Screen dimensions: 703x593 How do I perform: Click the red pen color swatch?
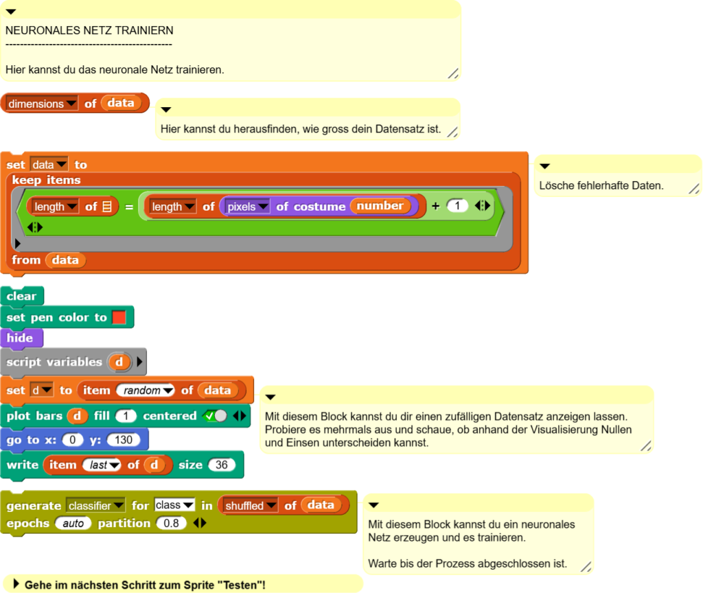(119, 317)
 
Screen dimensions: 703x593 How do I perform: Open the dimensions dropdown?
(42, 104)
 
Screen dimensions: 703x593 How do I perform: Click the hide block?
(22, 338)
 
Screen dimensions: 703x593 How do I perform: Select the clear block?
(23, 296)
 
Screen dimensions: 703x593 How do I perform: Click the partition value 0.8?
(171, 523)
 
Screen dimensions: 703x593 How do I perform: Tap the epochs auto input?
(73, 523)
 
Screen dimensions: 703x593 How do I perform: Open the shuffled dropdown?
(250, 506)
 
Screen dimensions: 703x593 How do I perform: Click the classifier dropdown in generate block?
(95, 506)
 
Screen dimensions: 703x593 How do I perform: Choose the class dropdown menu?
(174, 505)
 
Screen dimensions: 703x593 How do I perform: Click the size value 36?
(222, 465)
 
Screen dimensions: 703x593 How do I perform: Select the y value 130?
(124, 440)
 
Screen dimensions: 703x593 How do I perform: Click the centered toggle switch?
(215, 416)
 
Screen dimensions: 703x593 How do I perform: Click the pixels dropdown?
(247, 207)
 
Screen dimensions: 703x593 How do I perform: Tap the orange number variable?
(380, 206)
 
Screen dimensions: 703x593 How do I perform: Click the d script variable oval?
(119, 362)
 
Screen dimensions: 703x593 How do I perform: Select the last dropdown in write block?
(102, 465)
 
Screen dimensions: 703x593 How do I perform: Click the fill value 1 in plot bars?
(126, 416)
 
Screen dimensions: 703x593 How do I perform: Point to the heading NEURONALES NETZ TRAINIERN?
(89, 30)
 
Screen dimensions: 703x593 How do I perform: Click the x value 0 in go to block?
(73, 440)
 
